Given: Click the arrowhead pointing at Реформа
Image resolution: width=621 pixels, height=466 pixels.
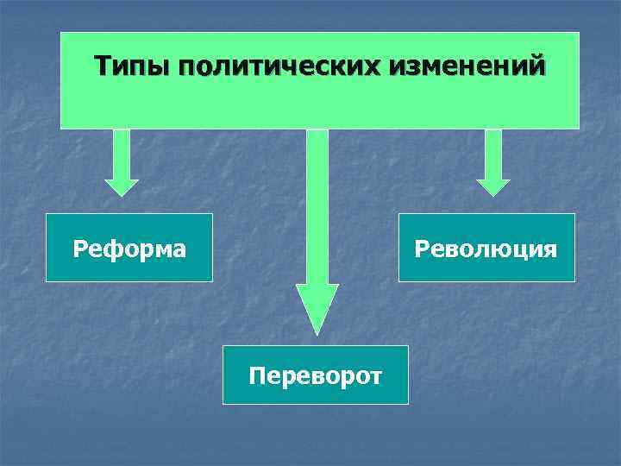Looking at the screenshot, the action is [x=122, y=186].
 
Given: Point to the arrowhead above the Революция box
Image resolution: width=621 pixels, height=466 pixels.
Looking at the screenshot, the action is [x=493, y=186].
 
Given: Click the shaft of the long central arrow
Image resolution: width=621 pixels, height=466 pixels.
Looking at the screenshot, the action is [x=317, y=207].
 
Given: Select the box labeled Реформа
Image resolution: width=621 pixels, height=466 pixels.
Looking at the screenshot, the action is [x=129, y=248].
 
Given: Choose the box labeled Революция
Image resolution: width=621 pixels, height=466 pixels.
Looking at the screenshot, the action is [x=486, y=248].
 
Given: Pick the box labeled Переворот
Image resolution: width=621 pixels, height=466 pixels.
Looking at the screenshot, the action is [x=316, y=375].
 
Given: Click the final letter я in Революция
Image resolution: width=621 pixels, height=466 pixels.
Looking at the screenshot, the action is [x=550, y=250].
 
